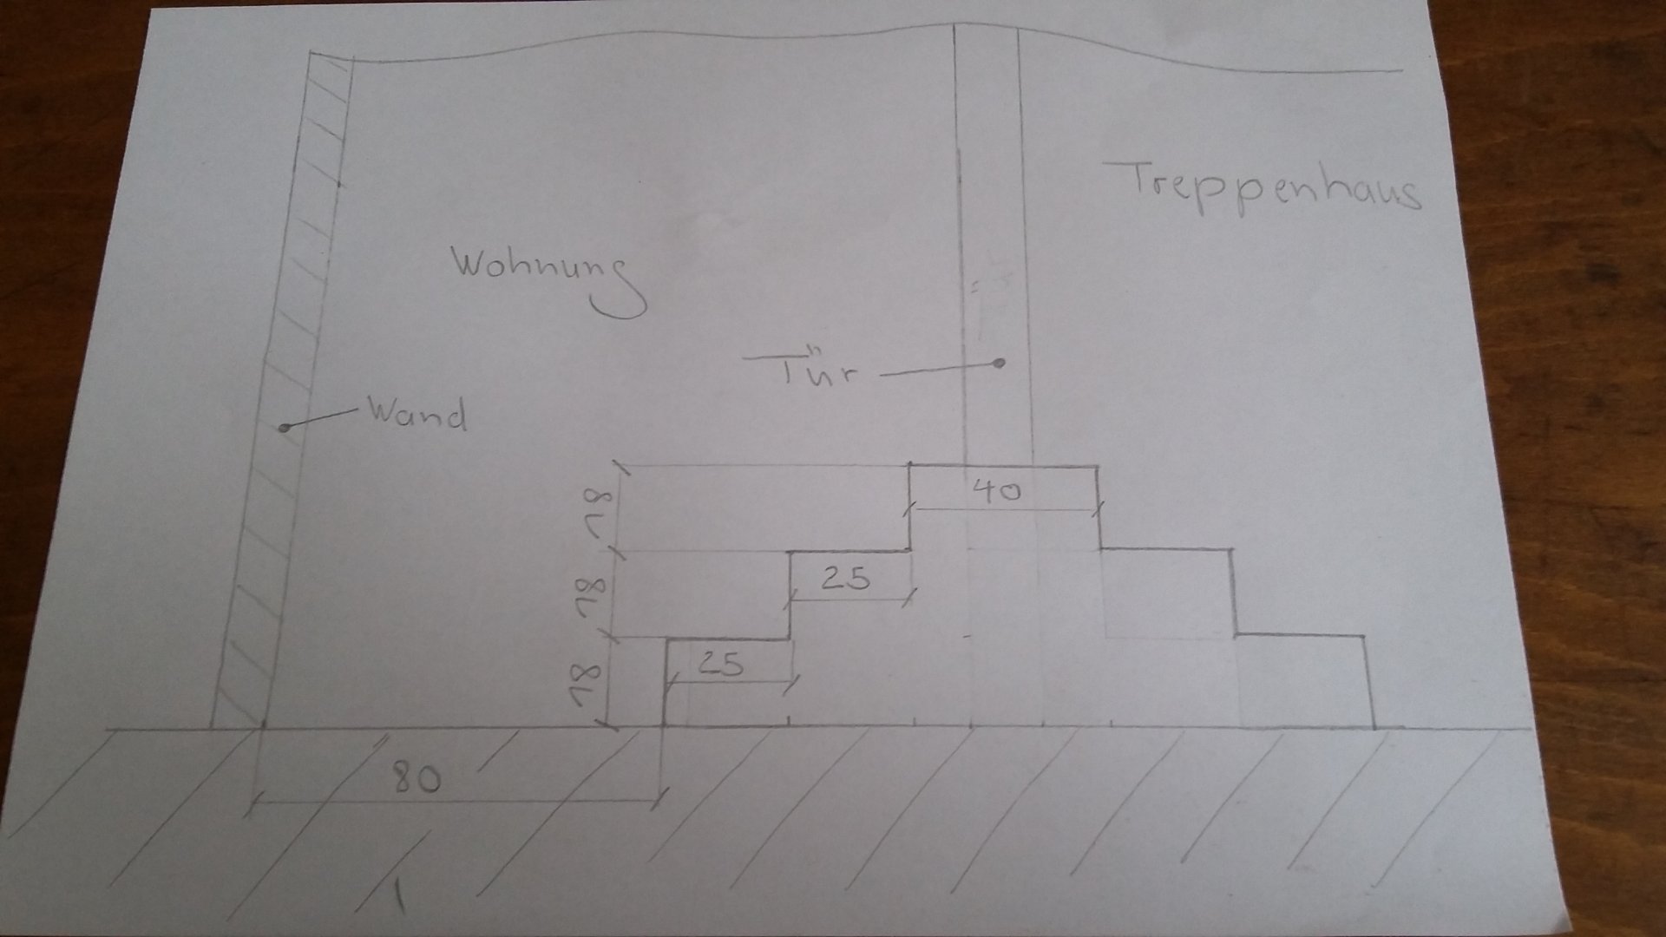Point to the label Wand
click(416, 414)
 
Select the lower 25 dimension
click(721, 665)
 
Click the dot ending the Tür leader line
click(1000, 364)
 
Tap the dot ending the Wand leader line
click(284, 428)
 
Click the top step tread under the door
click(1003, 468)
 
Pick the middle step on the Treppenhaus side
click(1167, 590)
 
